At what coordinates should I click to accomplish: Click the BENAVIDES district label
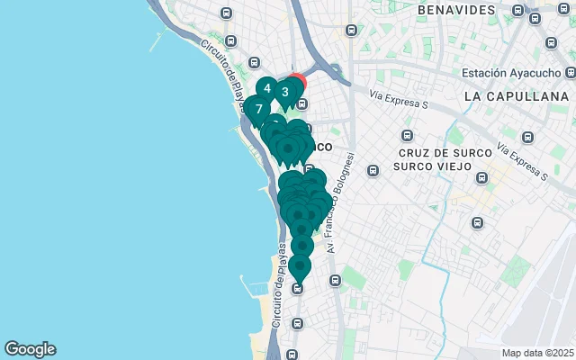pyautogui.click(x=456, y=10)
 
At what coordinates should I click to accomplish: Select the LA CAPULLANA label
pyautogui.click(x=517, y=95)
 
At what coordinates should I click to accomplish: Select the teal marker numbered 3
pyautogui.click(x=285, y=92)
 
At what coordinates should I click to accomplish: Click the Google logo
pyautogui.click(x=30, y=349)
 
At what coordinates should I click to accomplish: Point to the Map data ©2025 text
pyautogui.click(x=537, y=353)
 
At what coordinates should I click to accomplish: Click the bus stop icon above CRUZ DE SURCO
pyautogui.click(x=408, y=136)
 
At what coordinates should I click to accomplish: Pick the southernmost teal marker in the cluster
pyautogui.click(x=299, y=267)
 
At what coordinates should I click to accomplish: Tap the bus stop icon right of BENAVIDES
pyautogui.click(x=517, y=10)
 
